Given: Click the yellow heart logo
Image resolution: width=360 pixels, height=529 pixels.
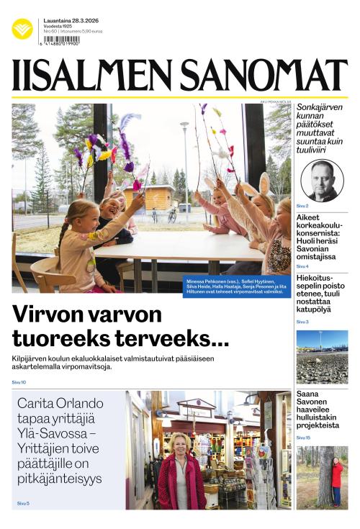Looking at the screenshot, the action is [x=22, y=29].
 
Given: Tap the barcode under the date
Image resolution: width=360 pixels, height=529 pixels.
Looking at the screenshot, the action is [x=61, y=40].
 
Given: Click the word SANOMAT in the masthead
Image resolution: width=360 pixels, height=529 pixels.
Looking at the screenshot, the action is [x=264, y=76].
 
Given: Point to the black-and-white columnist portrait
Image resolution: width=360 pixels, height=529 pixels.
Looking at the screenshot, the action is [x=322, y=180].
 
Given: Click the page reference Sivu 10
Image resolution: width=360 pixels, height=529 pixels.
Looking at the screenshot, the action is [x=19, y=382].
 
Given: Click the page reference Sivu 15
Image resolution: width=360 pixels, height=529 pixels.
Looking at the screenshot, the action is [x=303, y=438].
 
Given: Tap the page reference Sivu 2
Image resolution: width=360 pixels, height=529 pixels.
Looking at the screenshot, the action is [x=302, y=206].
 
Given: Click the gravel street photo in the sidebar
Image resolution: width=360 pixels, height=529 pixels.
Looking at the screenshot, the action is [x=322, y=357].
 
